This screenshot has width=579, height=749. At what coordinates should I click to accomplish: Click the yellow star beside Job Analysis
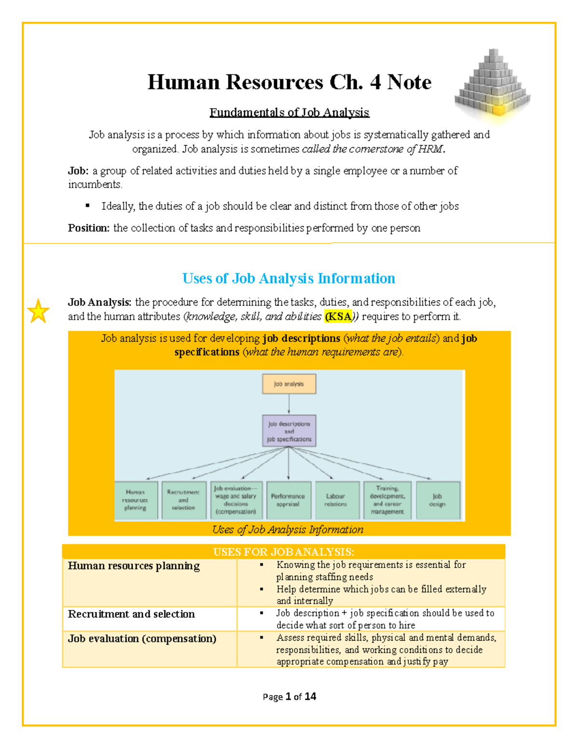click(x=38, y=311)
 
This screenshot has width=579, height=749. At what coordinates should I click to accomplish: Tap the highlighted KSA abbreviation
click(x=339, y=317)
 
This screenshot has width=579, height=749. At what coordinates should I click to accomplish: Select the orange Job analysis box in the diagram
click(x=289, y=384)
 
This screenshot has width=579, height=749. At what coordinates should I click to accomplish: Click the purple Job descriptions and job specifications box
click(x=289, y=431)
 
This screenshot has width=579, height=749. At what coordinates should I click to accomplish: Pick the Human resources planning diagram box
click(x=136, y=500)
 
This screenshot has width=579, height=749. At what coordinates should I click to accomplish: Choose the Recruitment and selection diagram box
click(x=183, y=500)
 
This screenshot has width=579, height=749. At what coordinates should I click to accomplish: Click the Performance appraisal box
click(x=288, y=500)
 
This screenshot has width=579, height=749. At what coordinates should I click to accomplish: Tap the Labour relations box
click(x=336, y=500)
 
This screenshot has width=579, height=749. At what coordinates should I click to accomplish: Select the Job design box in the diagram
click(x=438, y=500)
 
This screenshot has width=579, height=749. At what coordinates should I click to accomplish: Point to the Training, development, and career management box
click(x=387, y=500)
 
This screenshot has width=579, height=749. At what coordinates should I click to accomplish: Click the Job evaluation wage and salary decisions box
click(x=236, y=500)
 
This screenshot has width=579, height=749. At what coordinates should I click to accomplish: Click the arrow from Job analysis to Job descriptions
click(x=289, y=404)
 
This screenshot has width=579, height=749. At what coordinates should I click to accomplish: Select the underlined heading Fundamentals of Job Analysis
click(x=289, y=112)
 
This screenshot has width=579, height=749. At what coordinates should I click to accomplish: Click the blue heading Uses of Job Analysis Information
click(x=289, y=278)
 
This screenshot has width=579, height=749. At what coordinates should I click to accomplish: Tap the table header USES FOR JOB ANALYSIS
click(x=284, y=552)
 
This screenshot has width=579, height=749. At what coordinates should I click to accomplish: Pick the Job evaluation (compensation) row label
click(x=142, y=639)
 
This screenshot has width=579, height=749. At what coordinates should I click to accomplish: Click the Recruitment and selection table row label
click(x=131, y=614)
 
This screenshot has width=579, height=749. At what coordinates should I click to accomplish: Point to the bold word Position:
click(x=89, y=228)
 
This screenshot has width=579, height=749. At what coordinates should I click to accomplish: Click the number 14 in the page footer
click(x=310, y=696)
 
